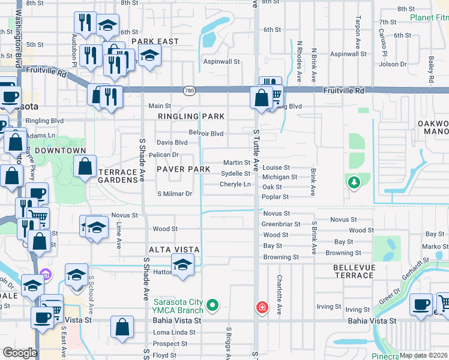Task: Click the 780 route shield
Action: coord(189,90)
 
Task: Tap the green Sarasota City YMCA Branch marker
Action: coord(212,307)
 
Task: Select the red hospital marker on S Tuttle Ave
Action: coord(262,308)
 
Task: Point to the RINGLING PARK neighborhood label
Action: coord(191,116)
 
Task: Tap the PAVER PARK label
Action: coord(184,170)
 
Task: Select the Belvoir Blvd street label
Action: coord(206,133)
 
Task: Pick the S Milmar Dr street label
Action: coord(175,194)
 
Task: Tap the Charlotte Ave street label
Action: coord(279,295)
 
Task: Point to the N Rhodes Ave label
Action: coord(299,61)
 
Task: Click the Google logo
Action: coord(20,353)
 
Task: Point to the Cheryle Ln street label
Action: coord(235,184)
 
